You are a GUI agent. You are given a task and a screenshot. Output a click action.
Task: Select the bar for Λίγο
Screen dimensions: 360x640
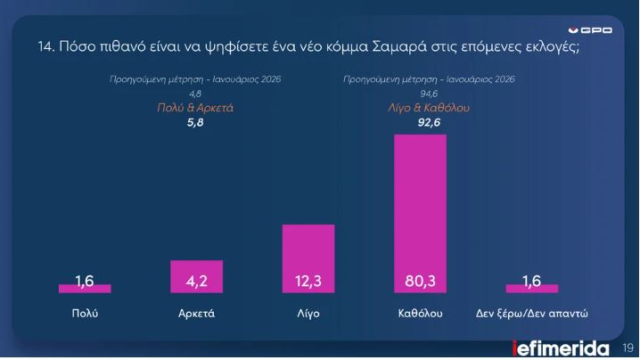point(308,258)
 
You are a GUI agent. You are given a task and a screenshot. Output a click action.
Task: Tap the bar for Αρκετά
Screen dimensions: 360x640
point(196,276)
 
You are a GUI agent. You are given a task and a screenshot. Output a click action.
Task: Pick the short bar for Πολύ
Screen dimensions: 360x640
point(85,288)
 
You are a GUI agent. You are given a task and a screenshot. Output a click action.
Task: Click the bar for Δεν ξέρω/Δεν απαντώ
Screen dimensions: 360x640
point(531,288)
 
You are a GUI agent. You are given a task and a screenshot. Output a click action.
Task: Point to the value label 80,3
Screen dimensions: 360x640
point(420,282)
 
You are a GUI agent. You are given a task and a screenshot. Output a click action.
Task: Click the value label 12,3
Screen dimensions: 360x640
point(308,282)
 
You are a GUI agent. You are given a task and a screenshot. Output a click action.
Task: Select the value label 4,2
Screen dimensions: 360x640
point(196,282)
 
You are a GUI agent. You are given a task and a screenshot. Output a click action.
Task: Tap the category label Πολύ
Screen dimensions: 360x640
point(85,315)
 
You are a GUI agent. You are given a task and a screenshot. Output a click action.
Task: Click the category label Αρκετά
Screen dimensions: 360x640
point(196,315)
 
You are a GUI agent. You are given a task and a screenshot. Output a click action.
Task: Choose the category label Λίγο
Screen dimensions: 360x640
point(308,315)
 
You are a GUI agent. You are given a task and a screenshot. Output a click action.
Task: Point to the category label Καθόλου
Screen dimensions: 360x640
point(420,315)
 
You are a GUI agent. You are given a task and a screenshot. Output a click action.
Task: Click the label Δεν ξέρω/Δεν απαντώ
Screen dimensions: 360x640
point(531,315)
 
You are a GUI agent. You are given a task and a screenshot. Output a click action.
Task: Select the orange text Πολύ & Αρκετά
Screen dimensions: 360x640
point(195,108)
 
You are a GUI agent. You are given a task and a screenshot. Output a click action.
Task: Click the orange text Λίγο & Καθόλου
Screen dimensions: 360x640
point(429,108)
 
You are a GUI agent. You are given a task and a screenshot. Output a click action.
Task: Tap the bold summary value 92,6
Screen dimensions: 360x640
point(429,122)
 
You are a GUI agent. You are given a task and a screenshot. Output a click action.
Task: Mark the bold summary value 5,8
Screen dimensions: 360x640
point(195,122)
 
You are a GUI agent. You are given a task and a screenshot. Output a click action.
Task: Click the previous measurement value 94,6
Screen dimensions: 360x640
point(429,94)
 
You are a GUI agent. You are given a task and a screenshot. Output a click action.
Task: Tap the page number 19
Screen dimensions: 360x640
point(627,348)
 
